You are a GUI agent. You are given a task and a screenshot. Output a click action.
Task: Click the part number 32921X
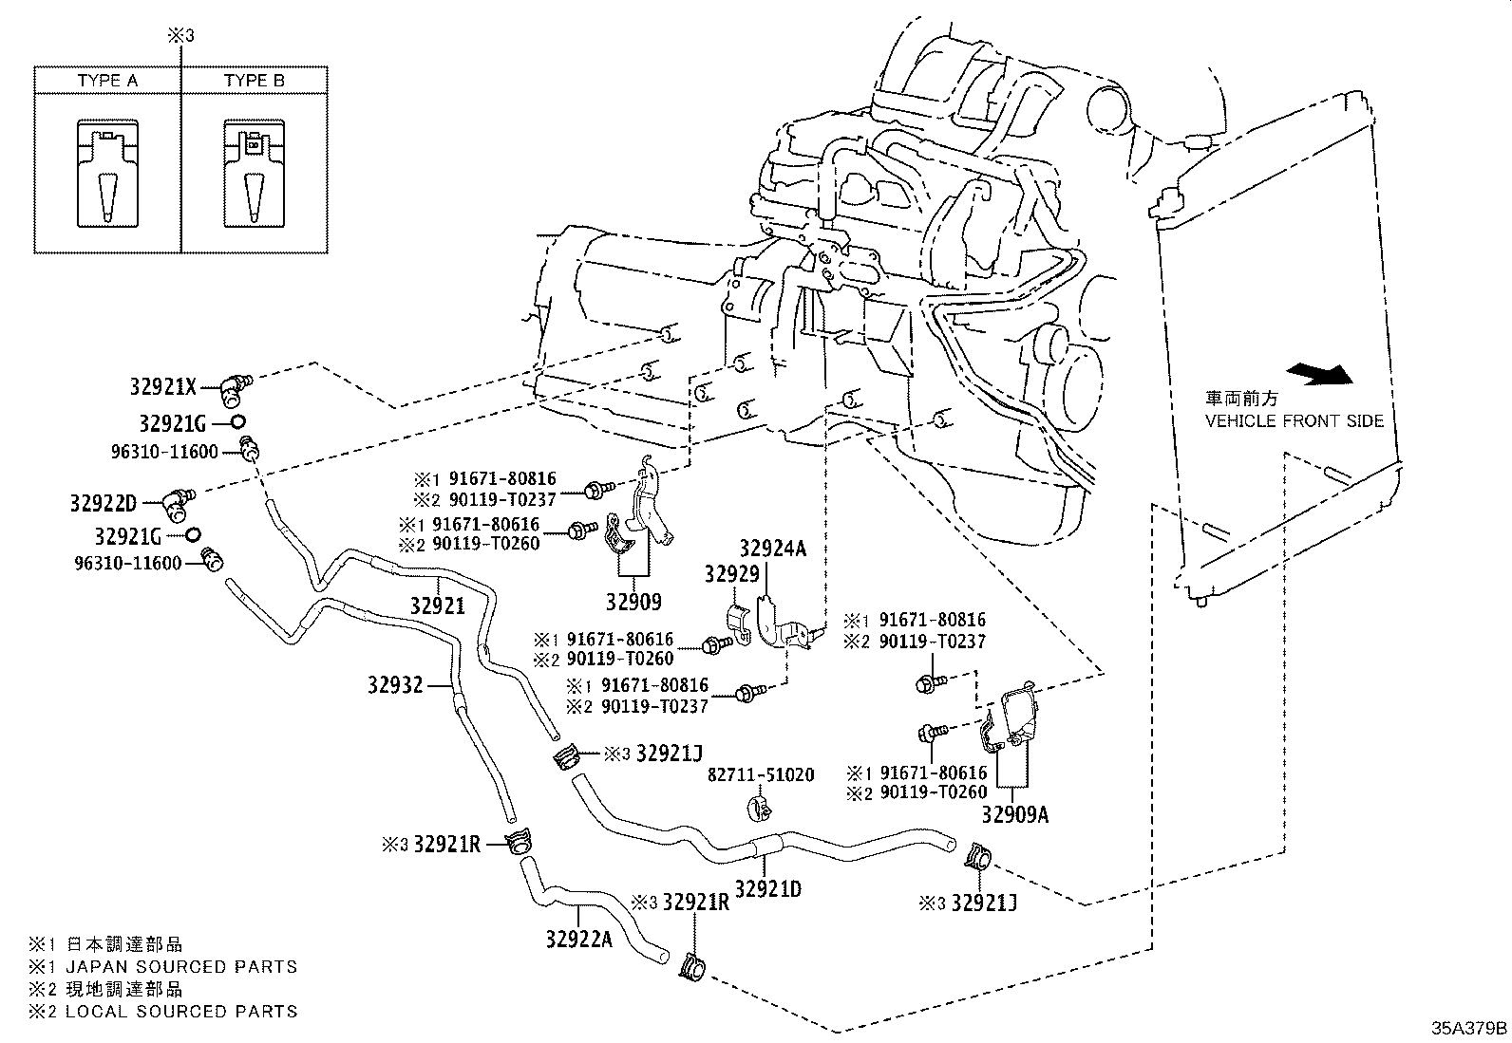(x=162, y=386)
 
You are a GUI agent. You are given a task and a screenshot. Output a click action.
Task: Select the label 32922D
(x=104, y=503)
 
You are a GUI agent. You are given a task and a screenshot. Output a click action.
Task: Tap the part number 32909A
(x=1014, y=815)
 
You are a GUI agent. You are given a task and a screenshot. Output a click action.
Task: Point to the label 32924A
(x=773, y=549)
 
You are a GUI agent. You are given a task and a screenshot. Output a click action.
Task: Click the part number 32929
(x=731, y=574)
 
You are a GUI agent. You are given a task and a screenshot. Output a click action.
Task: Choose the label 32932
(x=395, y=685)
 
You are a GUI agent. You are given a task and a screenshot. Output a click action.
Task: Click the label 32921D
(x=768, y=889)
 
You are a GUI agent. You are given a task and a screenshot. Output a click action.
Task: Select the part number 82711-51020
(x=761, y=774)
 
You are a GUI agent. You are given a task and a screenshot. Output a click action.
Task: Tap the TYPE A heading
(x=107, y=81)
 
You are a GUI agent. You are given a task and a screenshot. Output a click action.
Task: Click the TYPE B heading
(x=255, y=81)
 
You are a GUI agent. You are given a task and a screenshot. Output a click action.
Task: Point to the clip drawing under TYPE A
(x=108, y=174)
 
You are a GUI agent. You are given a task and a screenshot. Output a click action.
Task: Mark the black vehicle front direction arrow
(x=1319, y=374)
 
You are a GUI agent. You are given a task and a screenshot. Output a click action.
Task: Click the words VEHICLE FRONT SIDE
(x=1294, y=421)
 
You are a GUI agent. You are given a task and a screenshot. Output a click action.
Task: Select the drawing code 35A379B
(x=1469, y=1028)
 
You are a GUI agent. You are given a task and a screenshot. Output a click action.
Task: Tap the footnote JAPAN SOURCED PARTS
(x=181, y=967)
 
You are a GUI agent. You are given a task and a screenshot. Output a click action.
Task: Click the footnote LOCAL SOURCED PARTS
(x=181, y=1012)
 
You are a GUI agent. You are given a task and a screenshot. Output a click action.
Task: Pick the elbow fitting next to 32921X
(x=235, y=389)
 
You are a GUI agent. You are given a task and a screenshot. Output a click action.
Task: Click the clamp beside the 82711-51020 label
(x=760, y=810)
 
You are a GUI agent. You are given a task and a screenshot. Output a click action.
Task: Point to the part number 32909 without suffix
(x=633, y=602)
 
